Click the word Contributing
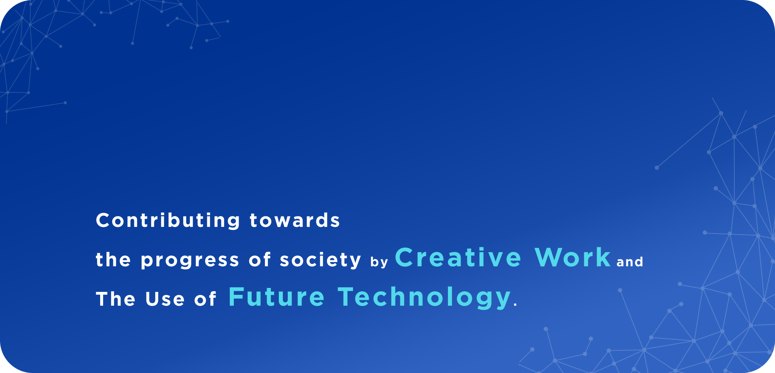pyautogui.click(x=168, y=220)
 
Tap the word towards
pyautogui.click(x=295, y=220)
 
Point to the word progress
pyautogui.click(x=190, y=261)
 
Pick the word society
pyautogui.click(x=321, y=260)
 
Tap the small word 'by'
pyautogui.click(x=379, y=262)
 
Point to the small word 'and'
pyautogui.click(x=630, y=262)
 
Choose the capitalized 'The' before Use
pyautogui.click(x=115, y=299)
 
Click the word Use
pyautogui.click(x=165, y=299)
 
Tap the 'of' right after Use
pyautogui.click(x=205, y=299)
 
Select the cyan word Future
pyautogui.click(x=277, y=297)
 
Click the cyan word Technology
pyautogui.click(x=424, y=297)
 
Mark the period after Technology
pyautogui.click(x=515, y=305)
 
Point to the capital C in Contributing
pyautogui.click(x=102, y=220)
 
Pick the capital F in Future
pyautogui.click(x=235, y=297)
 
